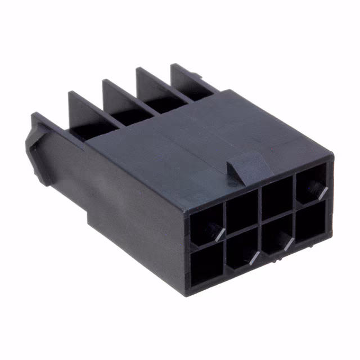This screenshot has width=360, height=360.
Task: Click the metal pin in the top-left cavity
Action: click(217, 231)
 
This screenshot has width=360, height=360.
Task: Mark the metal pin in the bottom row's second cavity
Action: click(253, 258)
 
